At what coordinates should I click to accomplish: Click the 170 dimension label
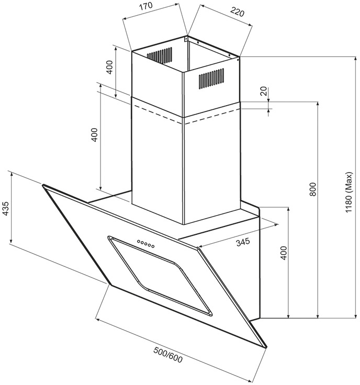147,6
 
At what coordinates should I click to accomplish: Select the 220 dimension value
237,12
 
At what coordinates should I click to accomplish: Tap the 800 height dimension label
312,189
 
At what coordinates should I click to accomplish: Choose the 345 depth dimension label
243,242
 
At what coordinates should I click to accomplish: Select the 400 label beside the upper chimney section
109,67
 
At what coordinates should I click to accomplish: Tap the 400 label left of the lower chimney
94,134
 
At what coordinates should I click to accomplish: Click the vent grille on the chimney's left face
160,55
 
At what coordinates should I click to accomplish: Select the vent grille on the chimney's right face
211,78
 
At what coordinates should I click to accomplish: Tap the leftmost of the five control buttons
139,241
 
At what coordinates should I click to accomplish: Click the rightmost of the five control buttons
153,246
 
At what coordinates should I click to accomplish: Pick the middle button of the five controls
146,244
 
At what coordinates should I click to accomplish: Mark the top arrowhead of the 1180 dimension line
355,59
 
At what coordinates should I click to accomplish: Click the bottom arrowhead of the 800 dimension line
318,316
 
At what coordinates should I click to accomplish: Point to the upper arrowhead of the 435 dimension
11,174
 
